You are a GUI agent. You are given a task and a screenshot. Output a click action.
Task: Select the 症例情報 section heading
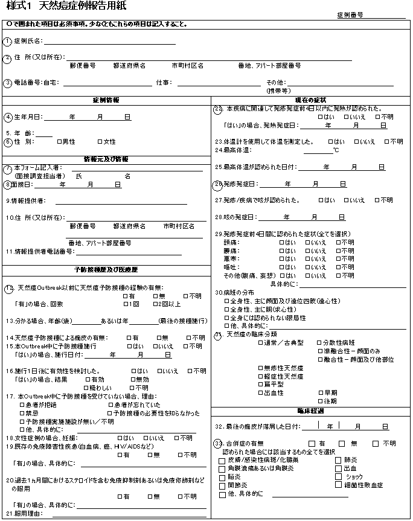point(106,100)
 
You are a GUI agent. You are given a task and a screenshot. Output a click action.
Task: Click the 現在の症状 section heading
point(310,100)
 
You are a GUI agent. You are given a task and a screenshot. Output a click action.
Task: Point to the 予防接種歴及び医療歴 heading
point(106,269)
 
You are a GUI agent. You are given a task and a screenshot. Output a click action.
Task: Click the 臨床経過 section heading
point(310,411)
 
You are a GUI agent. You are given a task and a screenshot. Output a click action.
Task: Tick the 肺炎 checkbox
point(339,460)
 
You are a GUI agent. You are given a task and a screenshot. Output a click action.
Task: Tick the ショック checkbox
point(339,476)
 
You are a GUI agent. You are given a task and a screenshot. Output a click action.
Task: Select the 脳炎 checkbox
point(222,476)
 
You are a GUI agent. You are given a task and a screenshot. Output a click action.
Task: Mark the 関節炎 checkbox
point(222,485)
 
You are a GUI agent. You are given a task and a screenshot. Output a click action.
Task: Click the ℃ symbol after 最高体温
point(336,150)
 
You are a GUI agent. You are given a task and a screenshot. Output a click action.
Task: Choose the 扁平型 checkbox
point(260,384)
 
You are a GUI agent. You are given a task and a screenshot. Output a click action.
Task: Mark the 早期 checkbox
point(320,392)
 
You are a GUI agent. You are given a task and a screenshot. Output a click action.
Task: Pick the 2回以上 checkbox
point(156,304)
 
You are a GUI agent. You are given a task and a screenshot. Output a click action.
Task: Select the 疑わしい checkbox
point(86,388)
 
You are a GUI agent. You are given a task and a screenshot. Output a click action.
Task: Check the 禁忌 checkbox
point(22,413)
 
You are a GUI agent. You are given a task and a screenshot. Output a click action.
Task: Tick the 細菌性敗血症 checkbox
point(339,485)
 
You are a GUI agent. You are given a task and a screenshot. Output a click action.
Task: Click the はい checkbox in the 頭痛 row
point(281,242)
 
